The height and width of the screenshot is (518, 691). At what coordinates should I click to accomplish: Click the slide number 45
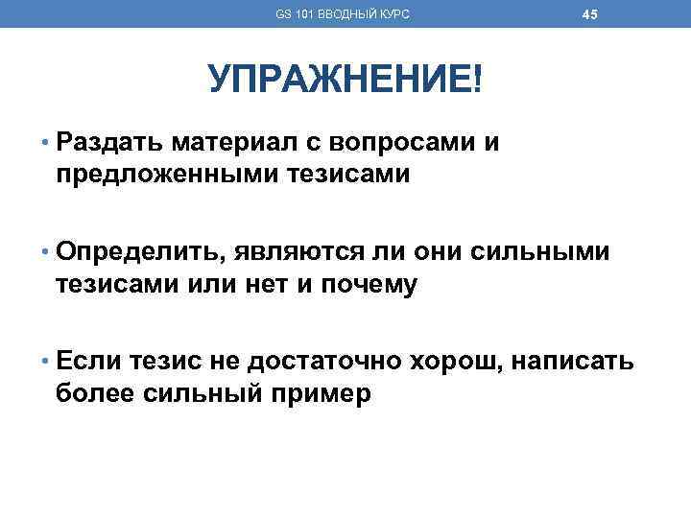click(590, 14)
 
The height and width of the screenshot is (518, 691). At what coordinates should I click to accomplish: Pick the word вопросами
click(405, 144)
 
